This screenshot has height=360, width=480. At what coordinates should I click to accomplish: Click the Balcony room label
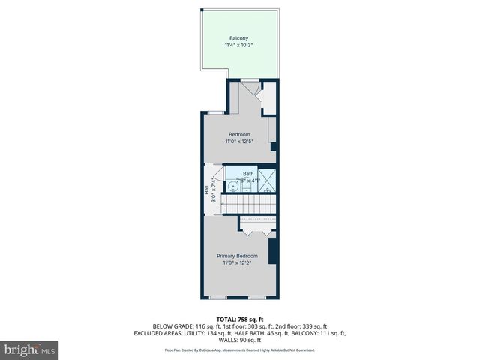point(239,38)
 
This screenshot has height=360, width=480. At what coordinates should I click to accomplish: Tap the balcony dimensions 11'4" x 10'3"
point(239,46)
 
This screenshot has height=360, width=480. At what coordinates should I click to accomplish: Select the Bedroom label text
point(239,134)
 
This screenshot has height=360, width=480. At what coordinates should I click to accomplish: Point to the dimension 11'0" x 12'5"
point(239,142)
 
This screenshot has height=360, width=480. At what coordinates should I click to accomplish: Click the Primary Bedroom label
point(237,256)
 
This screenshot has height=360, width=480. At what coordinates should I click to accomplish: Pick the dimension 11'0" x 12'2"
point(237,263)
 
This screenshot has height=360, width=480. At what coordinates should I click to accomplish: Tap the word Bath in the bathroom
point(247,174)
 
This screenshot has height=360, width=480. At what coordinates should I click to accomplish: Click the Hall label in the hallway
point(207,190)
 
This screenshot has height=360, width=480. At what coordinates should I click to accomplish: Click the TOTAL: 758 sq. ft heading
point(239,319)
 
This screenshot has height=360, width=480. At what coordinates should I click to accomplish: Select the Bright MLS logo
point(30,349)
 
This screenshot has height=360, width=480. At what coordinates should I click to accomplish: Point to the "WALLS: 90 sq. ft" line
point(239,340)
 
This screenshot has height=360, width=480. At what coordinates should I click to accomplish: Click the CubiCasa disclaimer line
point(239,349)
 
